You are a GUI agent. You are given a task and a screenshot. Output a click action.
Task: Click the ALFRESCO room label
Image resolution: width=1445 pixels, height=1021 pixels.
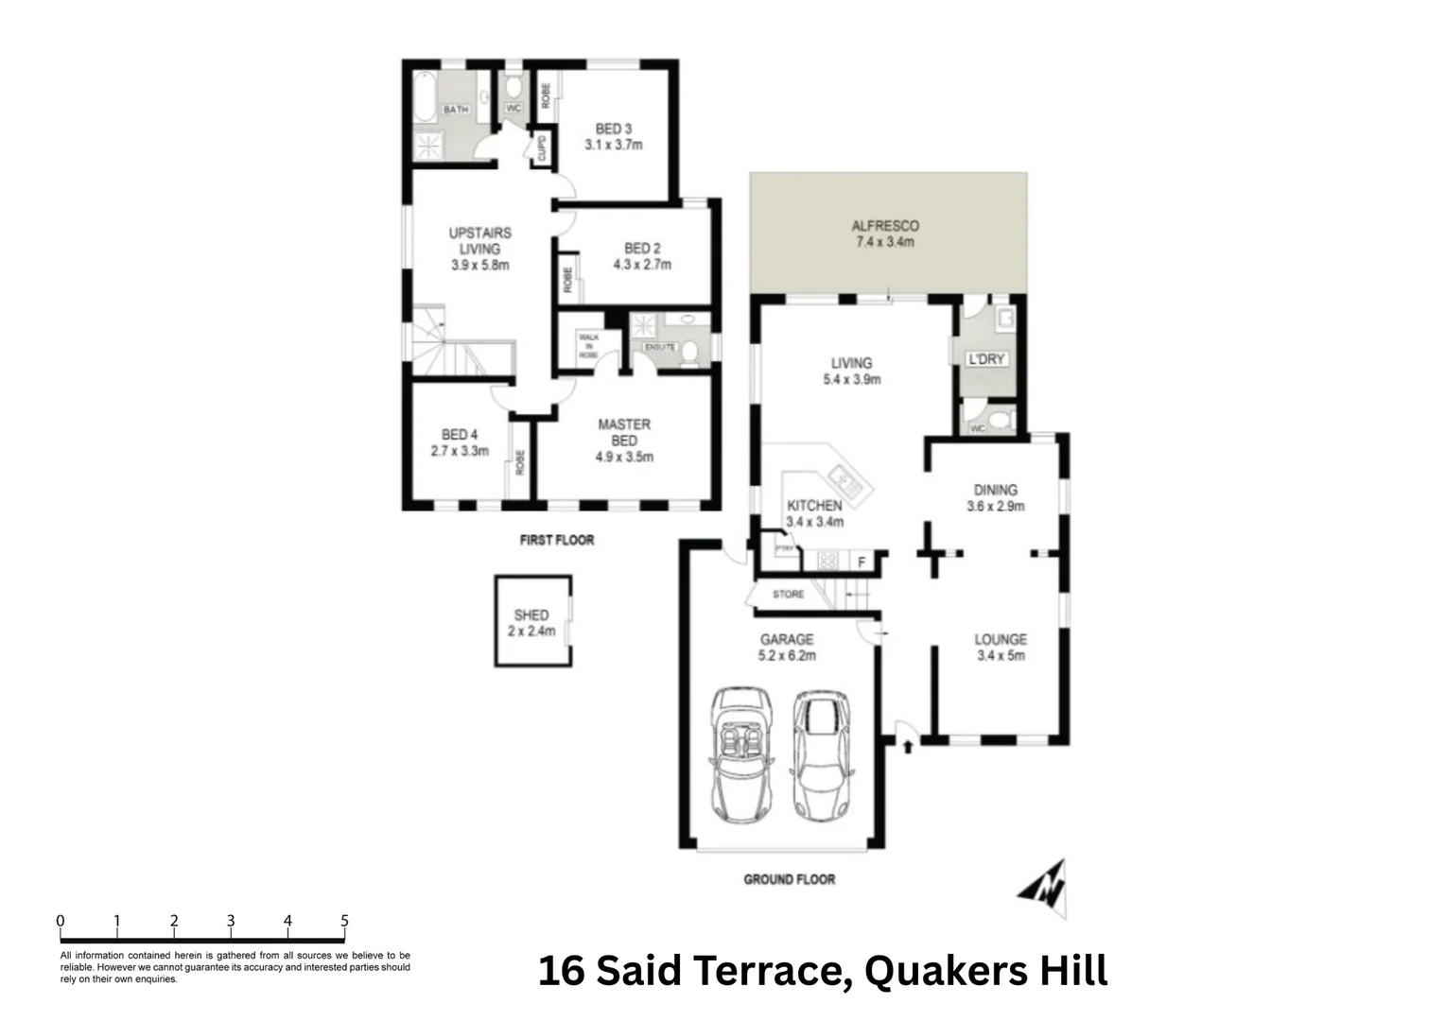(885, 226)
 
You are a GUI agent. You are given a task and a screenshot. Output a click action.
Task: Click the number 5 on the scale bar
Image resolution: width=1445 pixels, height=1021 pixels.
(344, 921)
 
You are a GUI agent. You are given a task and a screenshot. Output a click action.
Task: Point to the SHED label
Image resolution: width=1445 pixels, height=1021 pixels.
(531, 614)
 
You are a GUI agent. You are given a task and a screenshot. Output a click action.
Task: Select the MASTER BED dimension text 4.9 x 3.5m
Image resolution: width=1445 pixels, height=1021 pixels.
(623, 457)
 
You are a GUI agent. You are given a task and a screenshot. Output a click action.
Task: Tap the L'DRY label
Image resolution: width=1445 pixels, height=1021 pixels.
(985, 359)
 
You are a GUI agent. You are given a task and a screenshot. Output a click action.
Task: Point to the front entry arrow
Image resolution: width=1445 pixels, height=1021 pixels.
(908, 747)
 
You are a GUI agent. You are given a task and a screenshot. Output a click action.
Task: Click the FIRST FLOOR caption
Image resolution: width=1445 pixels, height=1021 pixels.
(556, 540)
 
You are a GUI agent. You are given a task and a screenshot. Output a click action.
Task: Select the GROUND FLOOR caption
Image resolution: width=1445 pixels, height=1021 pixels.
(789, 879)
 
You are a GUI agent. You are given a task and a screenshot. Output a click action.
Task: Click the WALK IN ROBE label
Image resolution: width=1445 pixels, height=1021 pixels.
(588, 346)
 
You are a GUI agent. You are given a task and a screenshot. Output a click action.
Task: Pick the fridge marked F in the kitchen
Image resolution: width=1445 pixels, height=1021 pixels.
(861, 562)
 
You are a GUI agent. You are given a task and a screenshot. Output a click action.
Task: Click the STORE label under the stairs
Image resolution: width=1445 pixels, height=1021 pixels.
(788, 594)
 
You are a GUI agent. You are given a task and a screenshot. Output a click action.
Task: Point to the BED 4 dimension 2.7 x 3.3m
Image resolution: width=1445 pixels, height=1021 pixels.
(460, 451)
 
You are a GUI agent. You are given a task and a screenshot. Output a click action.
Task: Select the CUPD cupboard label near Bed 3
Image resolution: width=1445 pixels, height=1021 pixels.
(541, 149)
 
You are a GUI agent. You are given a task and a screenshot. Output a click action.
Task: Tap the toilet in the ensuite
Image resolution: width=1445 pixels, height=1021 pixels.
(691, 353)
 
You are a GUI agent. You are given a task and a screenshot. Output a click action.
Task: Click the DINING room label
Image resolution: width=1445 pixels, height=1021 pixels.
(995, 490)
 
